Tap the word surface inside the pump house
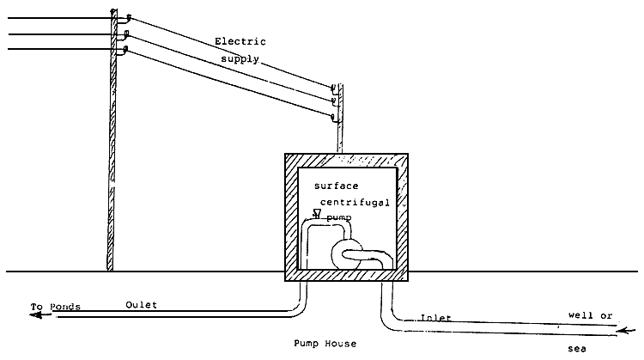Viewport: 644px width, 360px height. tap(336, 186)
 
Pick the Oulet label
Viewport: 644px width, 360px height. tap(141, 304)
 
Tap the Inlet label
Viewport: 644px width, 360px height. tap(435, 319)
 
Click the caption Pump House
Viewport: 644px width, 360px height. tap(325, 344)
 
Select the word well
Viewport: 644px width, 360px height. tap(580, 315)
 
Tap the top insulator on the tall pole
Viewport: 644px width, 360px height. tap(127, 16)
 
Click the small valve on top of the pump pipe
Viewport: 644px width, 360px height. tap(317, 214)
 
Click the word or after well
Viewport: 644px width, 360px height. tap(605, 315)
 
